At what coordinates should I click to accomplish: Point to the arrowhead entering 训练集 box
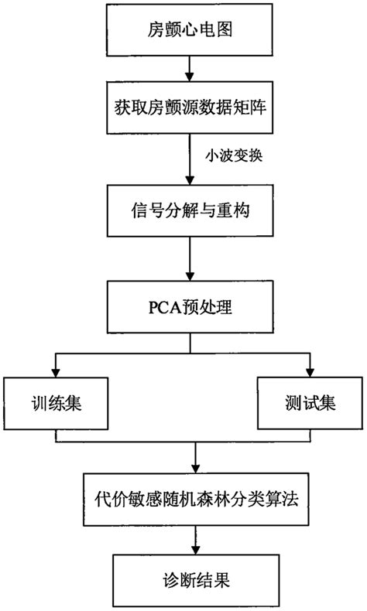tap(55, 374)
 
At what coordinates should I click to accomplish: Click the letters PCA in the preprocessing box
tap(157, 307)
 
